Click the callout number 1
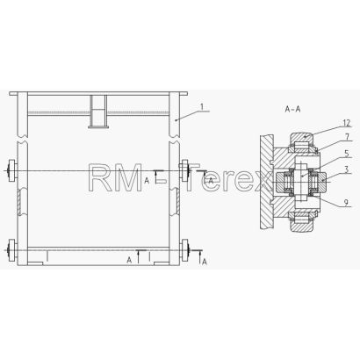(201, 107)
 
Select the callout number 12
(346, 123)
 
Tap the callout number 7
(347, 137)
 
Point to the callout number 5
(347, 153)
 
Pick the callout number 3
(347, 169)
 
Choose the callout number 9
(346, 202)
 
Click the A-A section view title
(292, 109)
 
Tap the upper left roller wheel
(12, 170)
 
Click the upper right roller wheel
(184, 170)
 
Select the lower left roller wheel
(12, 250)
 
